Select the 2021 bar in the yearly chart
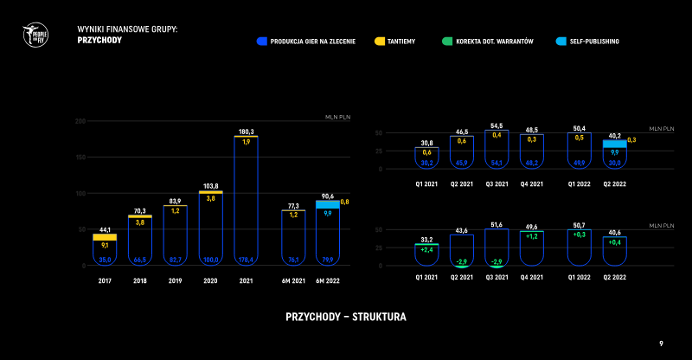click(246, 199)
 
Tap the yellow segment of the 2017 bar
click(104, 237)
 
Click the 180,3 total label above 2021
click(246, 131)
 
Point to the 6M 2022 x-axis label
click(328, 281)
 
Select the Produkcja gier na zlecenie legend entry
click(311, 41)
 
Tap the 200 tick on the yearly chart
click(80, 120)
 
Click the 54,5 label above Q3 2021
click(497, 125)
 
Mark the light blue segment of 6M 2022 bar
click(328, 205)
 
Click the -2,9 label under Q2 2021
click(462, 261)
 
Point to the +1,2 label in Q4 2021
click(531, 235)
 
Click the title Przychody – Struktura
click(346, 317)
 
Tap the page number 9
click(661, 344)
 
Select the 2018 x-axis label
click(140, 281)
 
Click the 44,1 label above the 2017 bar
click(104, 229)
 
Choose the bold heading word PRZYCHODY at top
click(99, 40)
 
